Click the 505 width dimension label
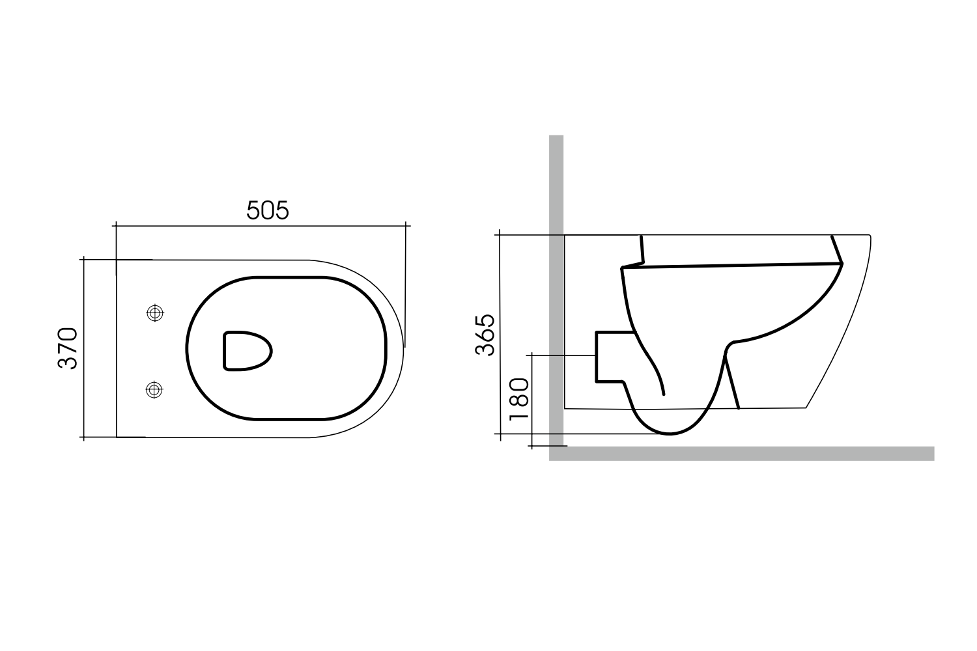(267, 210)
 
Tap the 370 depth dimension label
(68, 348)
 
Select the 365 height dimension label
(485, 335)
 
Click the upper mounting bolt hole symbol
(154, 313)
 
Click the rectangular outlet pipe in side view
(609, 356)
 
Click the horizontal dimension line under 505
(261, 226)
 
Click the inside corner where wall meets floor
(563, 447)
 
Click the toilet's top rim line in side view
(716, 234)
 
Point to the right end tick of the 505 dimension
(406, 226)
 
